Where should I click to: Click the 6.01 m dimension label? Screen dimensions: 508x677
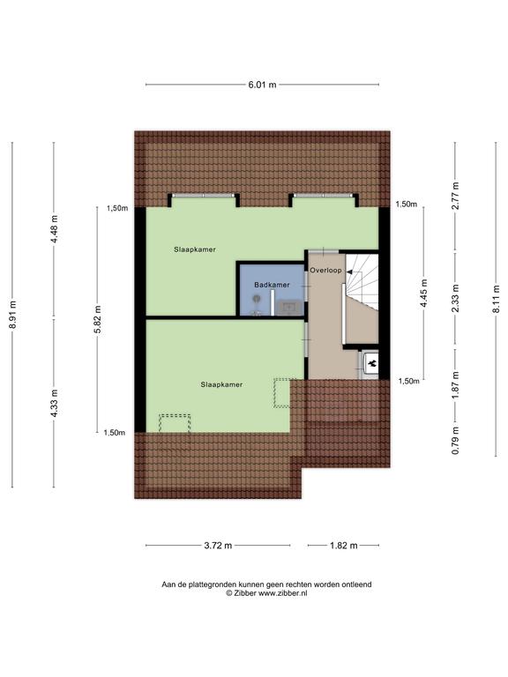pyautogui.click(x=262, y=85)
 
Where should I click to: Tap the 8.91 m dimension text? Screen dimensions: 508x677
pyautogui.click(x=13, y=315)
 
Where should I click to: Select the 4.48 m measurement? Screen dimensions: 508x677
pyautogui.click(x=55, y=229)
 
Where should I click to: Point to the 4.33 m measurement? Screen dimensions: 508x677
pyautogui.click(x=55, y=403)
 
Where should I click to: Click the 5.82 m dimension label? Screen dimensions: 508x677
pyautogui.click(x=98, y=319)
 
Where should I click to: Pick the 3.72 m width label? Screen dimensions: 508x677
pyautogui.click(x=218, y=546)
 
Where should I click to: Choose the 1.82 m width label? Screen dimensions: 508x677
pyautogui.click(x=344, y=546)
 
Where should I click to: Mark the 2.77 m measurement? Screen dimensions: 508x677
pyautogui.click(x=455, y=196)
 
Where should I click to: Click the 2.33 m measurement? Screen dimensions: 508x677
pyautogui.click(x=455, y=298)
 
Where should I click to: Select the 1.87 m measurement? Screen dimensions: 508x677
pyautogui.click(x=455, y=385)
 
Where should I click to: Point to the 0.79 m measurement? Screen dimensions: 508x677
pyautogui.click(x=455, y=441)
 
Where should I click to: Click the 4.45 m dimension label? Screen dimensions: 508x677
pyautogui.click(x=424, y=294)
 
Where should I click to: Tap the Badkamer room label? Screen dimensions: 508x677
pyautogui.click(x=272, y=285)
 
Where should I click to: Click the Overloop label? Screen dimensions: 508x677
pyautogui.click(x=325, y=271)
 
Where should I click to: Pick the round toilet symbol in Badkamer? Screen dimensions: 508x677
pyautogui.click(x=257, y=298)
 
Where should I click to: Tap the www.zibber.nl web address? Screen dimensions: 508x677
pyautogui.click(x=283, y=593)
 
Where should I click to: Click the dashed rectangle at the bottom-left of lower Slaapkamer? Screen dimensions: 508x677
pyautogui.click(x=175, y=423)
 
